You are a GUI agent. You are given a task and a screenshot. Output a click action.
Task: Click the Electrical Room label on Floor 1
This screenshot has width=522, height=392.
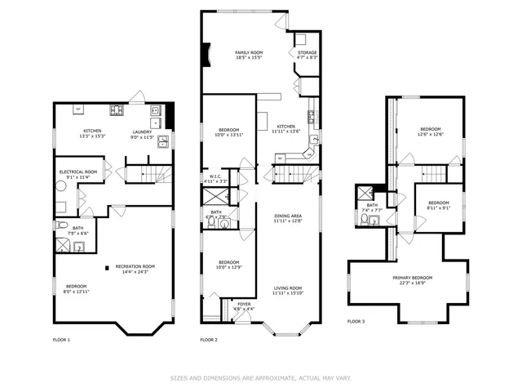tap(78, 171)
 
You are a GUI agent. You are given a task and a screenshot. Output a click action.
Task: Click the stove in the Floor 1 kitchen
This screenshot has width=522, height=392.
tap(117, 109)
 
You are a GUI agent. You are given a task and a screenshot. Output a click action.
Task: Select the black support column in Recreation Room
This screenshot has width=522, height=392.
tap(106, 265)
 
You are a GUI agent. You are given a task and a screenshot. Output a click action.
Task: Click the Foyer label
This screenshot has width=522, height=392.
tap(244, 304)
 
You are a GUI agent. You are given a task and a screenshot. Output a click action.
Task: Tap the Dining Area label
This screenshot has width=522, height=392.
tap(288, 216)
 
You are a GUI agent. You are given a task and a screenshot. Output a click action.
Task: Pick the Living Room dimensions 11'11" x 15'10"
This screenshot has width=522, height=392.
tap(288, 292)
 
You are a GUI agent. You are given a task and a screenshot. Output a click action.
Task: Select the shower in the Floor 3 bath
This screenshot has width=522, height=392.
tap(365, 194)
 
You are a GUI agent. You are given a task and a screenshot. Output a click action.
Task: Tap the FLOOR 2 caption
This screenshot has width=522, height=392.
tap(209, 339)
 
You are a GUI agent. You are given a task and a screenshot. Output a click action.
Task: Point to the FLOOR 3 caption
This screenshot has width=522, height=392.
tap(356, 321)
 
